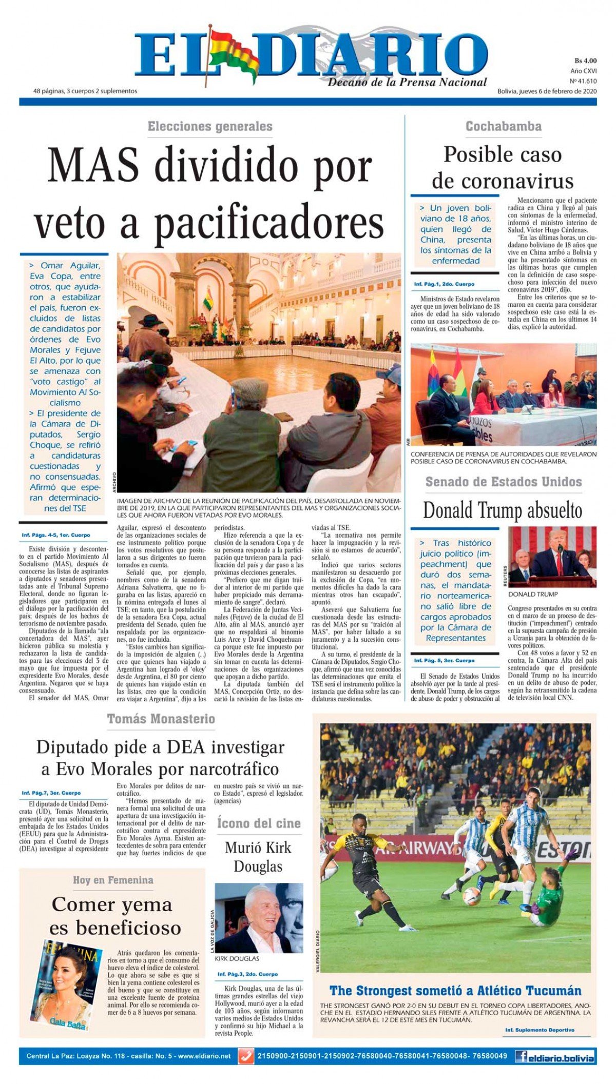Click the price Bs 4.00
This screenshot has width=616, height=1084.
coord(585,61)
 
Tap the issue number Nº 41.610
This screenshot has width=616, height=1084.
coord(583,81)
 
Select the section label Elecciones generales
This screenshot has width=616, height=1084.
coord(210,127)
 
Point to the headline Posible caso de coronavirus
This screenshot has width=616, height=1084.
coord(503,168)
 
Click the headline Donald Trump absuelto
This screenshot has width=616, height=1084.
coord(503,510)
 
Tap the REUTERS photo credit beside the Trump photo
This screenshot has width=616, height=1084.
coord(505,576)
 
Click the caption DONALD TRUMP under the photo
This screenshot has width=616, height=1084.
coord(533,594)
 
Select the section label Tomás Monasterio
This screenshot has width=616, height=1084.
coord(161,719)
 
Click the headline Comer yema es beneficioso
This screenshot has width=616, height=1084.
coord(112,916)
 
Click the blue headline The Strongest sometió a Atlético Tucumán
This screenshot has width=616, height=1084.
coord(455,991)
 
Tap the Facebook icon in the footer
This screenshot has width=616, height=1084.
coord(521,1056)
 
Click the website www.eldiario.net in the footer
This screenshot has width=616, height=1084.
coord(204,1056)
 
